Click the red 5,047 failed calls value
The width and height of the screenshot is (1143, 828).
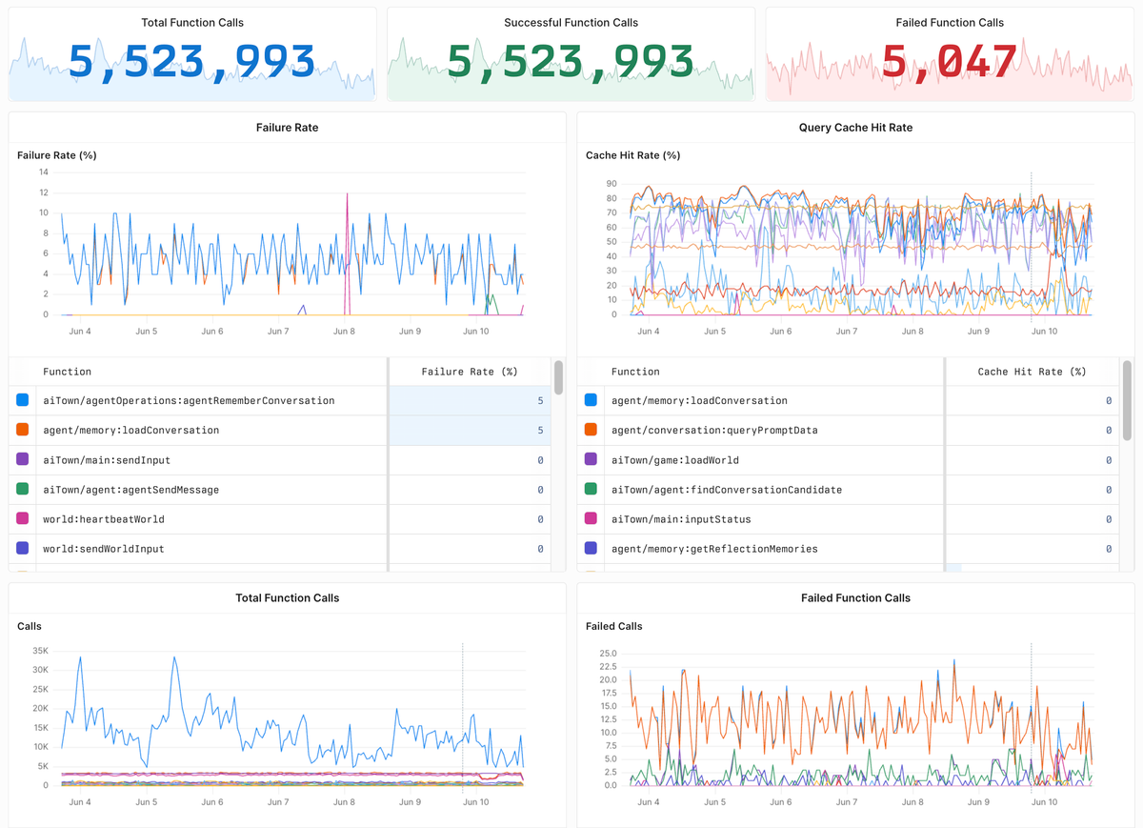(x=950, y=62)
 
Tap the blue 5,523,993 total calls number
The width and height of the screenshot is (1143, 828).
(x=191, y=62)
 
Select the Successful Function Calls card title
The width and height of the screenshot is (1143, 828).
(x=571, y=22)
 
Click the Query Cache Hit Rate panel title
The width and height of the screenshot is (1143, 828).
(x=855, y=127)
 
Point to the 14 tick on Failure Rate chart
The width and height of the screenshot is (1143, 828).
(x=44, y=172)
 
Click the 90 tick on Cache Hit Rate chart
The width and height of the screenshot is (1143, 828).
(x=612, y=184)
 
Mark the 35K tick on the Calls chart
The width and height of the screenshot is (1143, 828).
(x=40, y=651)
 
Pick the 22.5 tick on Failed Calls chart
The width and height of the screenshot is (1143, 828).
(x=608, y=666)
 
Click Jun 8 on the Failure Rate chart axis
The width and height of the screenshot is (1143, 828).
(x=344, y=332)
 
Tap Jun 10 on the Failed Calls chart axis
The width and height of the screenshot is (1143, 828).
(x=1044, y=802)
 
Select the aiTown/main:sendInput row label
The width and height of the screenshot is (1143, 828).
(x=107, y=460)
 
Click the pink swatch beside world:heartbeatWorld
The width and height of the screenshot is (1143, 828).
(x=23, y=519)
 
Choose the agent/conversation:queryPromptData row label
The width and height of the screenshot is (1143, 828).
(x=714, y=431)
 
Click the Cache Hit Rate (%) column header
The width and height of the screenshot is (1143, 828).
(x=1032, y=372)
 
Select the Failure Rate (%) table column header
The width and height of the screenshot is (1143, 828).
(x=469, y=372)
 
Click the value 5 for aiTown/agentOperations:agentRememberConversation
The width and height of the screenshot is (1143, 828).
(x=540, y=401)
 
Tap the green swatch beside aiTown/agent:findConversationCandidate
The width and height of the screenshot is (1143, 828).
(x=591, y=490)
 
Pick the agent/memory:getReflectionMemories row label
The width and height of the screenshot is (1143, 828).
(x=714, y=549)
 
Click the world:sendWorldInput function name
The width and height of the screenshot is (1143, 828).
(x=103, y=549)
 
